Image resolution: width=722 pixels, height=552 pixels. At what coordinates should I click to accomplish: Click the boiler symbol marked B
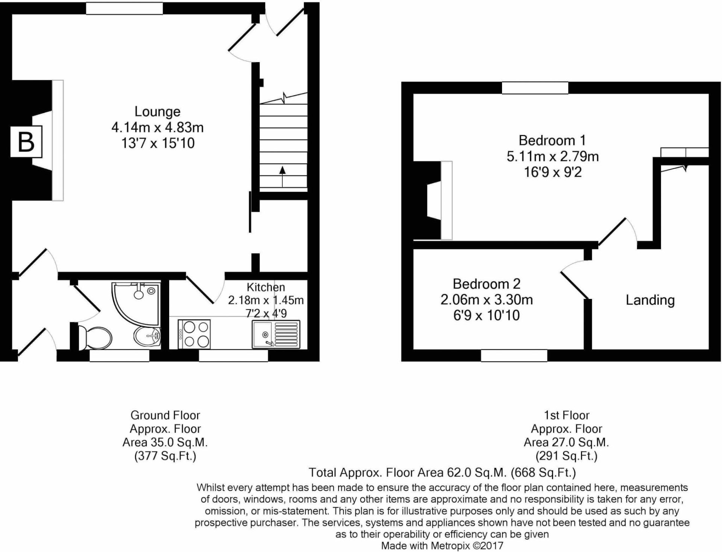tap(26, 142)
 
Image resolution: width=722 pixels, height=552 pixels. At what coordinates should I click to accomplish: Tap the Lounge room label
tap(157, 112)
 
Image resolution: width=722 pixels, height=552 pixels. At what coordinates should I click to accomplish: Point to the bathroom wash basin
tap(147, 336)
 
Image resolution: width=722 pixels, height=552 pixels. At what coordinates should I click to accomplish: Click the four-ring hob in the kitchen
tap(194, 334)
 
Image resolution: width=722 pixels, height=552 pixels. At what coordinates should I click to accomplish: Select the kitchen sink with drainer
tap(276, 334)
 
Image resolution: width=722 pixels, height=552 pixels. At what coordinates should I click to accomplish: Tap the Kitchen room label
tap(265, 287)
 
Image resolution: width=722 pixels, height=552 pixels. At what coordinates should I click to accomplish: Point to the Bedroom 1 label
tap(552, 141)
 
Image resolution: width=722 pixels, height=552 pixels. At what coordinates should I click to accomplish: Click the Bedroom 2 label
tap(486, 284)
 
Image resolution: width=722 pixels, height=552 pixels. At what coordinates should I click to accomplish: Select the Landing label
tap(650, 300)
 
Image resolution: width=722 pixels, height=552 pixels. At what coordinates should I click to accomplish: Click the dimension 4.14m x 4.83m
tap(157, 127)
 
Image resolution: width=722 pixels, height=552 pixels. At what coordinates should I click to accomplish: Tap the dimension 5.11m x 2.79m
tap(552, 156)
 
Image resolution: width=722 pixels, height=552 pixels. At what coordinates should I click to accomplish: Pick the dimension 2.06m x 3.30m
tap(486, 300)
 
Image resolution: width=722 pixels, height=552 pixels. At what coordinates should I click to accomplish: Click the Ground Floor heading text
tap(165, 415)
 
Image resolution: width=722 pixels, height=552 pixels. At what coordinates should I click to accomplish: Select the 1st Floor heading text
tap(566, 415)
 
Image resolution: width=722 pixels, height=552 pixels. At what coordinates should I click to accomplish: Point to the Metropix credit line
tap(442, 546)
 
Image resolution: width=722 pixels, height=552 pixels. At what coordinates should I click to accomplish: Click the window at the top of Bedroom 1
tap(535, 88)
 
